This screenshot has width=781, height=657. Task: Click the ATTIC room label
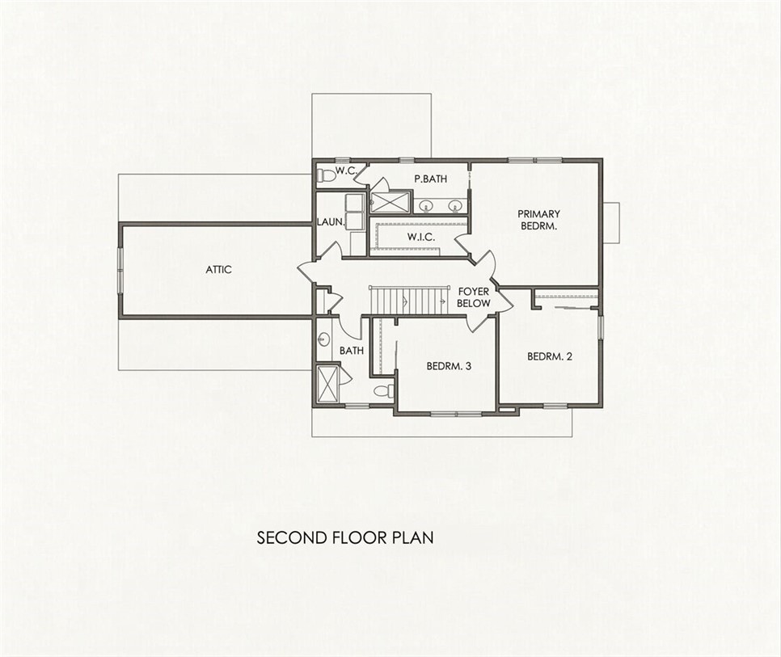point(218,270)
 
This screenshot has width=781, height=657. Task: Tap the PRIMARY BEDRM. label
point(538,220)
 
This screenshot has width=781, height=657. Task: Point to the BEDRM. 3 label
point(449,366)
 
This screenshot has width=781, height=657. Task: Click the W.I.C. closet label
point(421,238)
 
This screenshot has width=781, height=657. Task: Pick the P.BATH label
point(431,179)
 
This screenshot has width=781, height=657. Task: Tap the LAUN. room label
point(331,222)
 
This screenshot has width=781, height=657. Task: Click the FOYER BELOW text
point(474,297)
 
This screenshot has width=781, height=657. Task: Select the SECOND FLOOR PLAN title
point(345,537)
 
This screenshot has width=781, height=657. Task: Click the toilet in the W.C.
point(326,175)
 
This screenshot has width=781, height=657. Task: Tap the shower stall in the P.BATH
point(390,202)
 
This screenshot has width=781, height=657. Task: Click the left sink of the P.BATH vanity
point(426,205)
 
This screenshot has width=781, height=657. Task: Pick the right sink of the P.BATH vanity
point(454,205)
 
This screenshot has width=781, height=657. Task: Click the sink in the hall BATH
point(323,340)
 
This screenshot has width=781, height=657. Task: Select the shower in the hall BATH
point(327,383)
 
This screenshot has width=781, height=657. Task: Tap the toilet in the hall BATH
point(383,390)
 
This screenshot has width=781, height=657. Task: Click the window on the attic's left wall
point(120,270)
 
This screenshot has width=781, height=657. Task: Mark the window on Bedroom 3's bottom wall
point(456,413)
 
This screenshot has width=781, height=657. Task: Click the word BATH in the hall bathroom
point(352,351)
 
